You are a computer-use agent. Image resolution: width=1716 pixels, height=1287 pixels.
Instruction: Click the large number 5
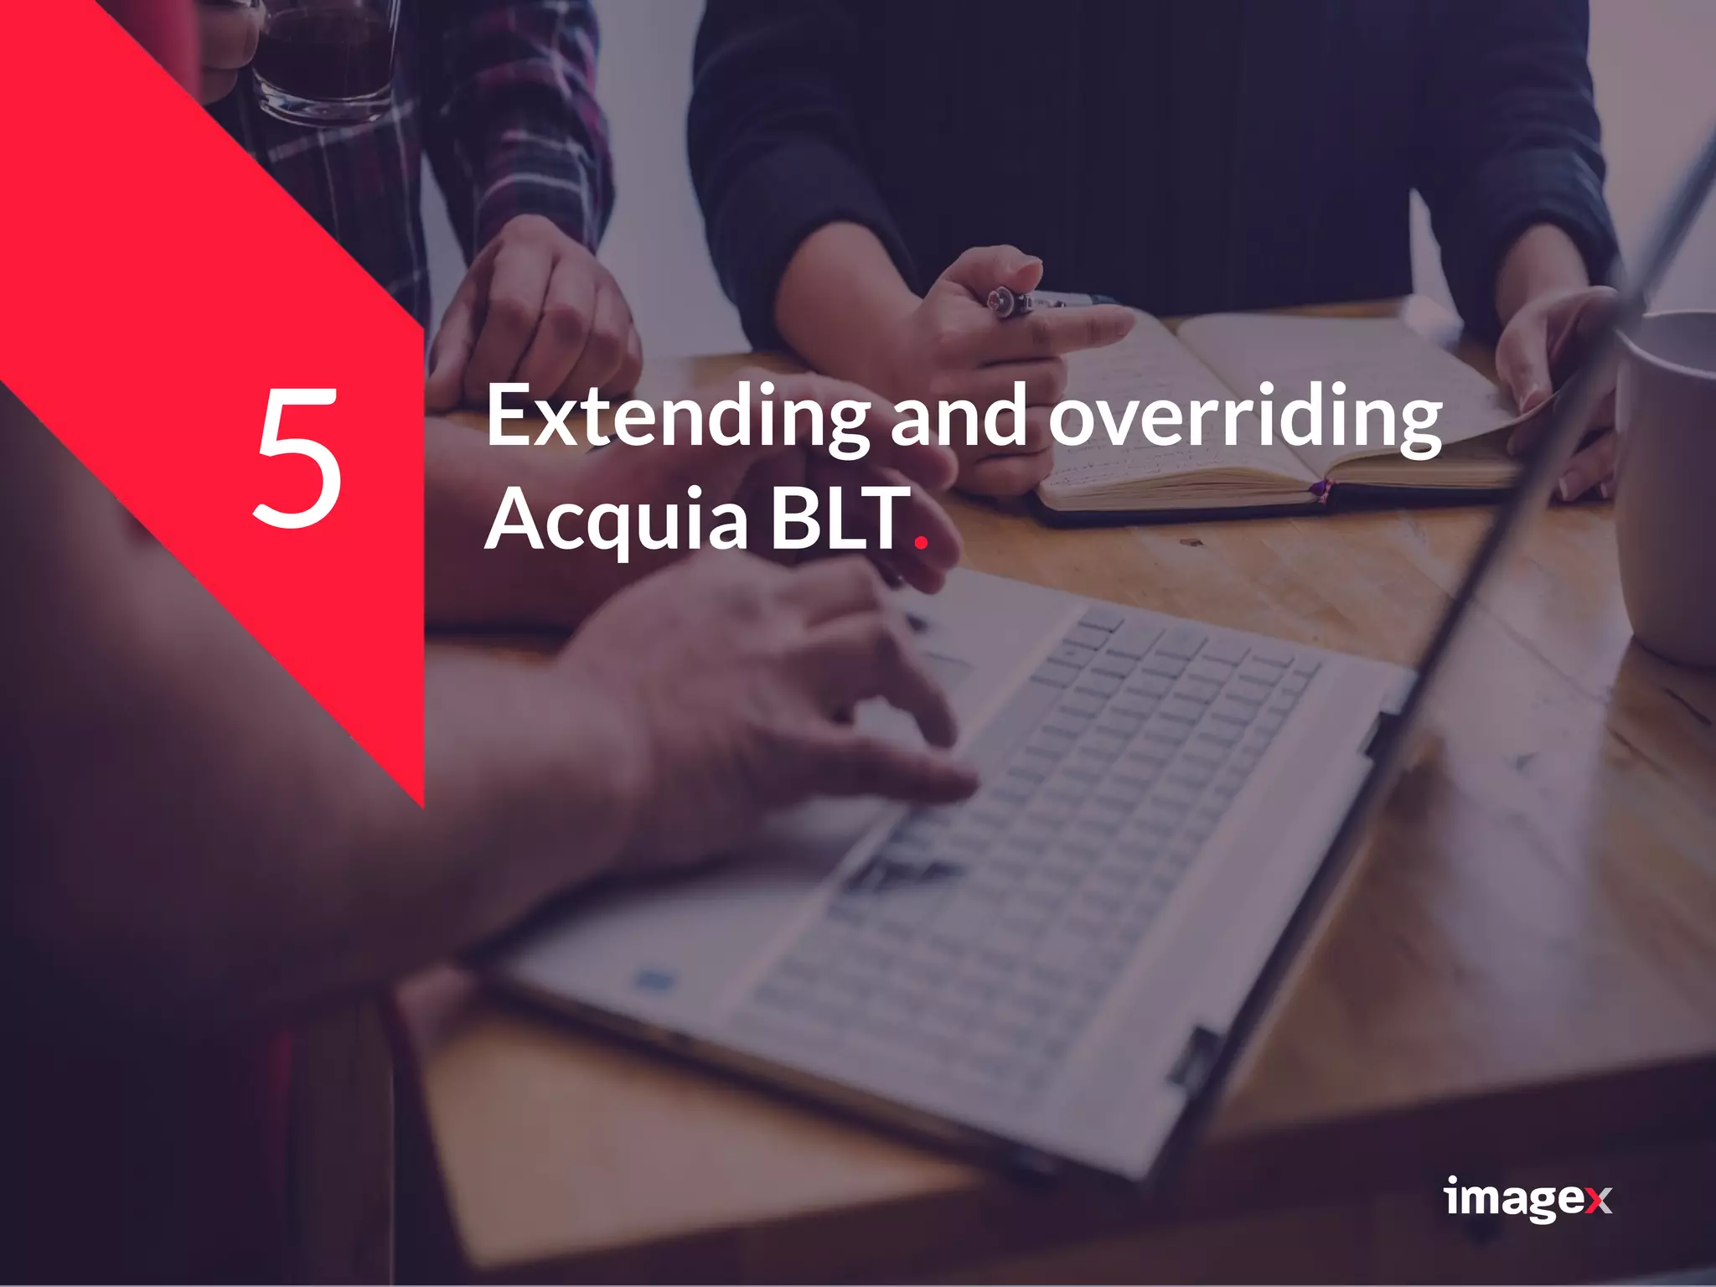297,457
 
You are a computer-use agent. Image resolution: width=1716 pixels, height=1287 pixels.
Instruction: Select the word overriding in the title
1245,416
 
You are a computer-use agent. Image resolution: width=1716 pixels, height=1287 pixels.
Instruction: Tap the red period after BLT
922,542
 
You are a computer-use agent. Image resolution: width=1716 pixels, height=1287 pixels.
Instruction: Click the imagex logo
1527,1198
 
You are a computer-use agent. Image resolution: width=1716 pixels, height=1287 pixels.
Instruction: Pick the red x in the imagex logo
1598,1201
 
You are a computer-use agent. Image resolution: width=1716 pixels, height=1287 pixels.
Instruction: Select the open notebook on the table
1274,411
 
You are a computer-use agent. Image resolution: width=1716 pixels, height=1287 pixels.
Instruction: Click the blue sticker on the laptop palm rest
654,979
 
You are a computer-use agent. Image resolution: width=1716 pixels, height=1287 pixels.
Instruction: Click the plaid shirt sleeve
511,109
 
